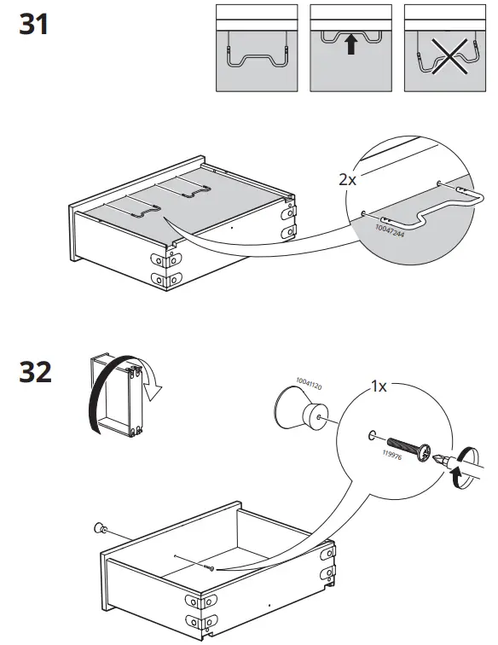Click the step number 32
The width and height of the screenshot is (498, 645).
point(35,374)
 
